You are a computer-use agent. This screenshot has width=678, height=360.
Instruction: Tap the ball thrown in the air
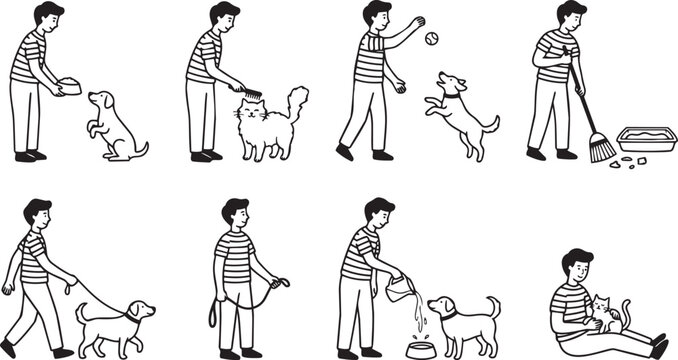(431, 39)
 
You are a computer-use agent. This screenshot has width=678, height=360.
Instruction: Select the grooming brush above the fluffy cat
(250, 93)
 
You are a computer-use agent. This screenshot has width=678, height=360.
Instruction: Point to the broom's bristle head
(602, 149)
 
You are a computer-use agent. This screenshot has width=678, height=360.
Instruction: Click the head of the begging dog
(101, 101)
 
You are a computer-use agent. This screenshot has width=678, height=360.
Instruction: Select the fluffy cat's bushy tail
(297, 101)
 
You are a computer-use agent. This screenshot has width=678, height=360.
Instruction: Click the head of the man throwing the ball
(376, 15)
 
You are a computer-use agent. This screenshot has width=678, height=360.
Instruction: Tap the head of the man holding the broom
(571, 14)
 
